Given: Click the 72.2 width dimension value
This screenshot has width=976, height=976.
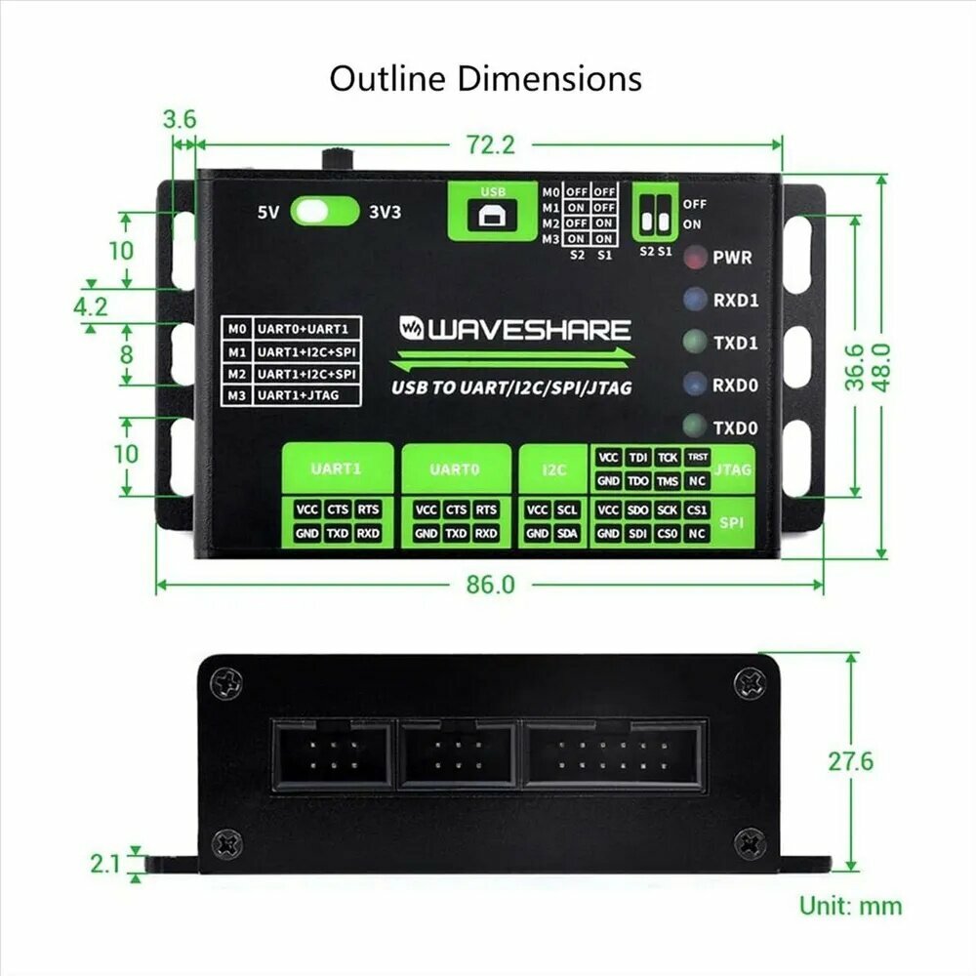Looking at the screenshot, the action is [491, 145].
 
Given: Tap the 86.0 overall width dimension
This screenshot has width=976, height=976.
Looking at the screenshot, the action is [491, 585].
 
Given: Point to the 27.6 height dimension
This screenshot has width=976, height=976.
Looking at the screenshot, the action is [850, 761].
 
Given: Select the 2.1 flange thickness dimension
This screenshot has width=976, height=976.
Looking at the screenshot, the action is [105, 864].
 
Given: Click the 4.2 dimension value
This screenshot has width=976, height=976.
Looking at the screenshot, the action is [91, 306].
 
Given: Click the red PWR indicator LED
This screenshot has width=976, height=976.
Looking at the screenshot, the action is [695, 257].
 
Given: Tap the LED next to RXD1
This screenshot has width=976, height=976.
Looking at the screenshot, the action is [695, 300].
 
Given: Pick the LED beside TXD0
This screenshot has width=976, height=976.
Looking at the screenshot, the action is [695, 427].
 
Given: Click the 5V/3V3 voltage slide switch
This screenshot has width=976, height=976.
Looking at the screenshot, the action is [325, 212].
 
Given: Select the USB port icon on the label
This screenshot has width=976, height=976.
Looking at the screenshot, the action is [492, 216].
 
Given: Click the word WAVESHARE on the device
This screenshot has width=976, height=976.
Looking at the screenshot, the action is [529, 329].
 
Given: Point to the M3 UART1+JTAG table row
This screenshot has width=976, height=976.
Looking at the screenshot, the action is [291, 395].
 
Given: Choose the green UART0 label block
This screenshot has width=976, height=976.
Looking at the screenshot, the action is [456, 469].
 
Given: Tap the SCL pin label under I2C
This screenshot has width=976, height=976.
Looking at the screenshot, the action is [567, 509].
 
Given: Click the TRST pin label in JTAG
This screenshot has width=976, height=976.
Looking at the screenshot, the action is [697, 458].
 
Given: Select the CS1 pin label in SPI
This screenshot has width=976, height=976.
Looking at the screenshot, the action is [697, 509].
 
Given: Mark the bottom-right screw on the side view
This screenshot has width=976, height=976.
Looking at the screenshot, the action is [750, 843].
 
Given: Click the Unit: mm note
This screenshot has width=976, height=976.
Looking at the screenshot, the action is [850, 906].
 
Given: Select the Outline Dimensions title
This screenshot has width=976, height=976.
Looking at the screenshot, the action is [485, 79].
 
